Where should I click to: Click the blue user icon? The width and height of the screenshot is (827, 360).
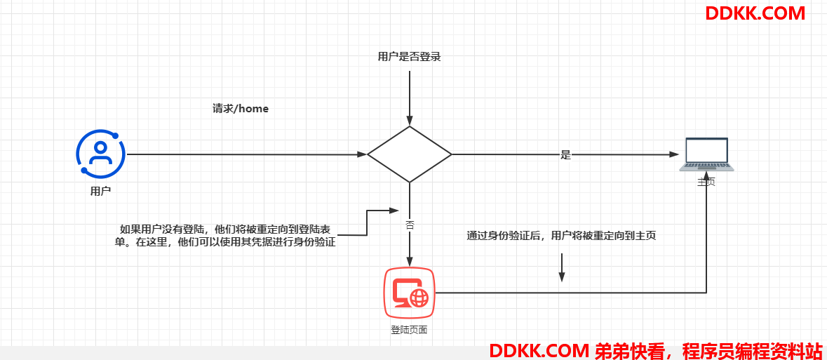pos(101,153)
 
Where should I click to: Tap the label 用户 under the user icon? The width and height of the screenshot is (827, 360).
pos(101,192)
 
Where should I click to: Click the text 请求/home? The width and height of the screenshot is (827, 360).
pos(241,109)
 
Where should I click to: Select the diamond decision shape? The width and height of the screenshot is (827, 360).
pos(409,154)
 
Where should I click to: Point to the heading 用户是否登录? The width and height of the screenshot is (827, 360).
pos(409,57)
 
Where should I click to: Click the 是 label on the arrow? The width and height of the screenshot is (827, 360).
pos(565,155)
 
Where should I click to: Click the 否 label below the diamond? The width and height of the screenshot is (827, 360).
pos(409,225)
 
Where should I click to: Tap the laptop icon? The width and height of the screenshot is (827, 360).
pos(707,154)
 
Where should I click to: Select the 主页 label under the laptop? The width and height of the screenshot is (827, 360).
pos(707,182)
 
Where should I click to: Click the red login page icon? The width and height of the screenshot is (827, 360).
pos(409,293)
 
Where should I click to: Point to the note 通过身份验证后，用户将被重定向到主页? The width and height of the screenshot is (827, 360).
pos(561,236)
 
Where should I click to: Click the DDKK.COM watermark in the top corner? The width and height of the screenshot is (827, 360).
pos(755,13)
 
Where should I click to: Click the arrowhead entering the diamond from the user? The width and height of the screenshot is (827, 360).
pos(362,154)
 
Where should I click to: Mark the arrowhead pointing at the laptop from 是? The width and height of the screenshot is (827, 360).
pos(673,154)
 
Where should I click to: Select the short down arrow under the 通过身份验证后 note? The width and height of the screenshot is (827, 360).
pos(562,267)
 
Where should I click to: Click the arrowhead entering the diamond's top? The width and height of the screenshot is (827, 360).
pos(409,121)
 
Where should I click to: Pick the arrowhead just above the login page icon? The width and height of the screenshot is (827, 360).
pos(409,262)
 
